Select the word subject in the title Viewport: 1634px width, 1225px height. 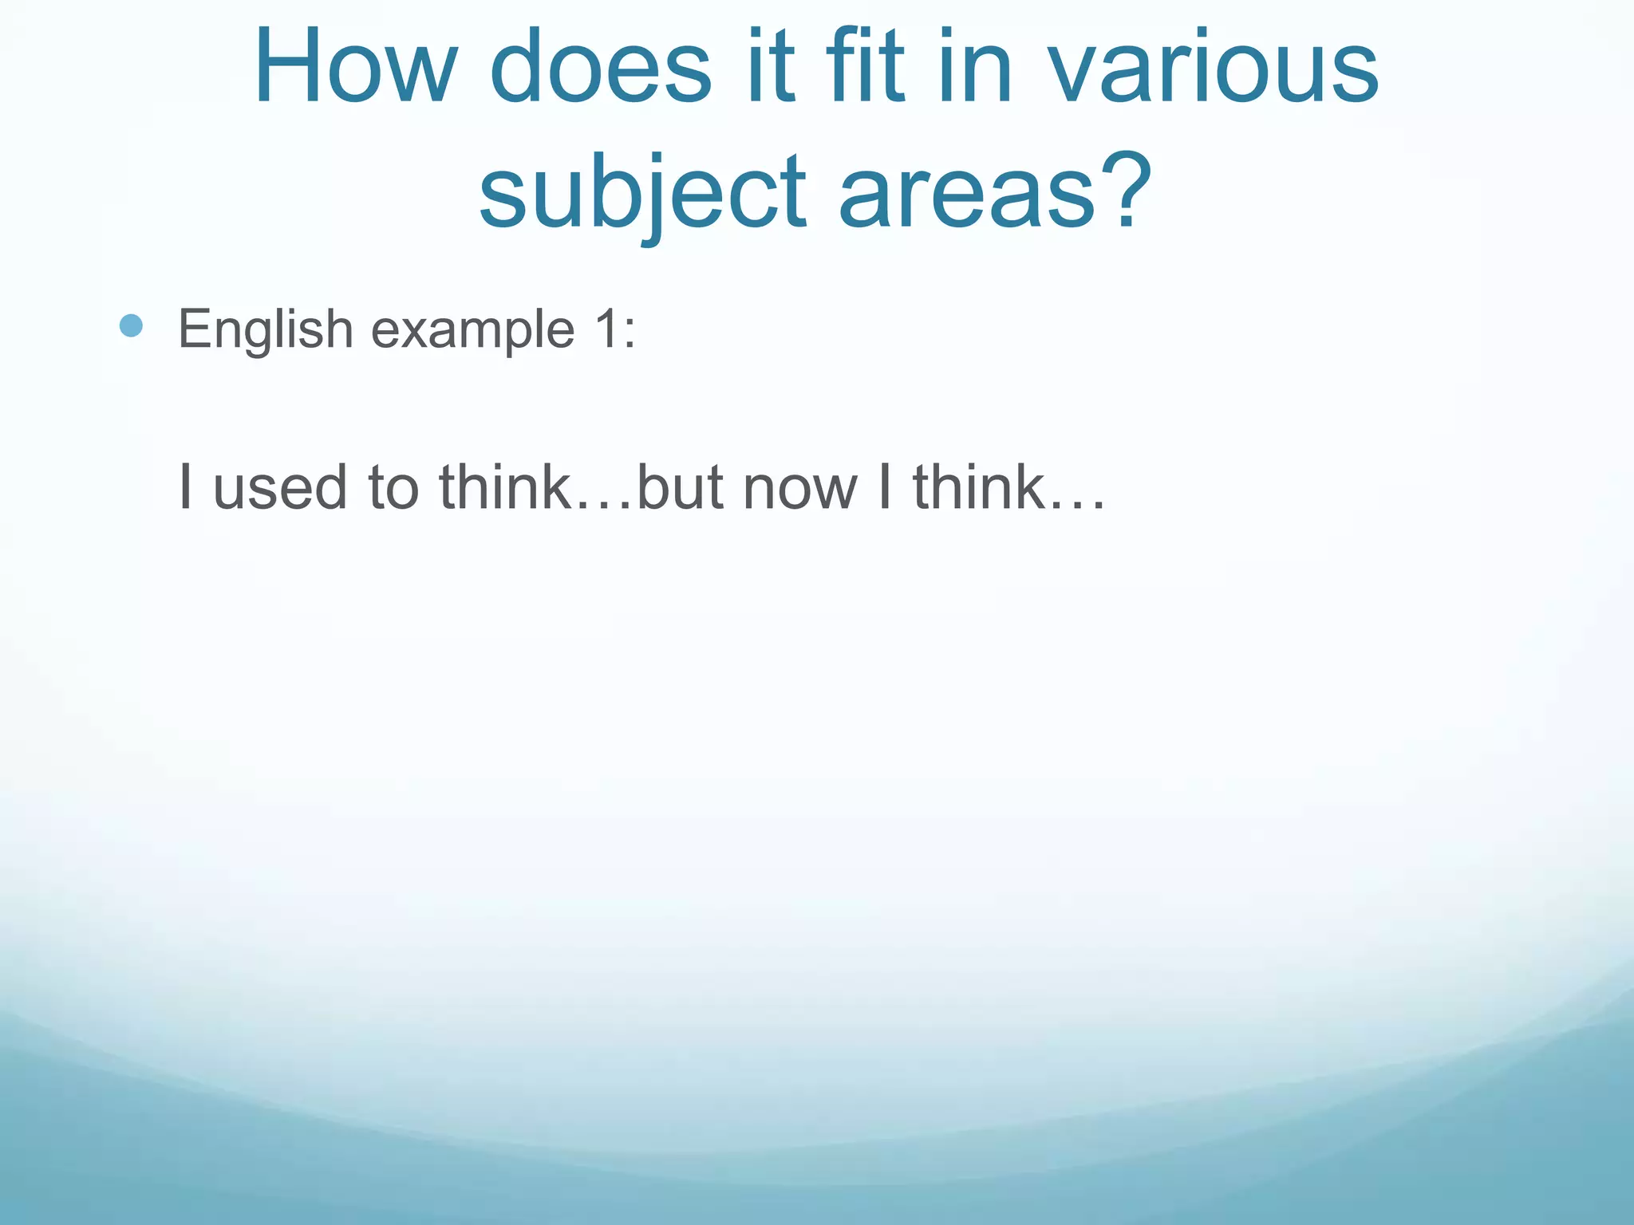(x=643, y=195)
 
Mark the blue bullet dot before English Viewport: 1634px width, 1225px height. (x=131, y=325)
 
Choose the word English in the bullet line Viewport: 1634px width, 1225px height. (x=266, y=330)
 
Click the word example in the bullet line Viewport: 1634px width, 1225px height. (x=472, y=330)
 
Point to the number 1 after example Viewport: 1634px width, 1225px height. (x=604, y=329)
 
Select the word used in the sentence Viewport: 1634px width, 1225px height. (x=280, y=487)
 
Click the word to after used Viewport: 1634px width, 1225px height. (x=393, y=487)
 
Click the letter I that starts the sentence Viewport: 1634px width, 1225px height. (x=185, y=486)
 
